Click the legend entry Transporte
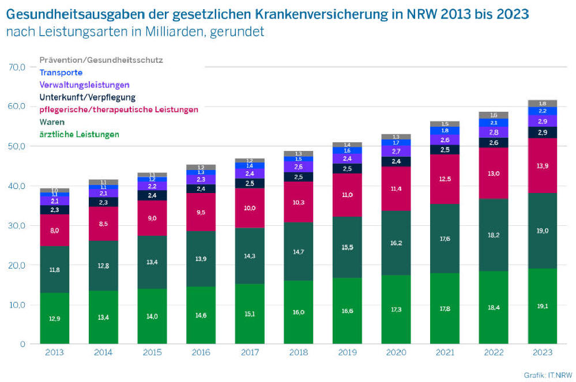point(61,73)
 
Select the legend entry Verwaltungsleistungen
point(84,85)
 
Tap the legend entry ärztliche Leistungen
point(79,134)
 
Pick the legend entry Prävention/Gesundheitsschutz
point(101,60)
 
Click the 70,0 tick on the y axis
point(17,67)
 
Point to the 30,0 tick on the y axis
point(17,225)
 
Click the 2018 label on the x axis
point(298,353)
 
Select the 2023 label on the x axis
point(542,353)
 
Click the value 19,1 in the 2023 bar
point(542,307)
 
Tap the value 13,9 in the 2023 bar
point(542,166)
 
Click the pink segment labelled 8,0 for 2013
point(54,230)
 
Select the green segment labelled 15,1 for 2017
point(249,314)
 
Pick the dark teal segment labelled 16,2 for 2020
point(396,243)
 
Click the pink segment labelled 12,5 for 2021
point(445,179)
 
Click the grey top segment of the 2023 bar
point(542,103)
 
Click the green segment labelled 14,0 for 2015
point(152,316)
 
